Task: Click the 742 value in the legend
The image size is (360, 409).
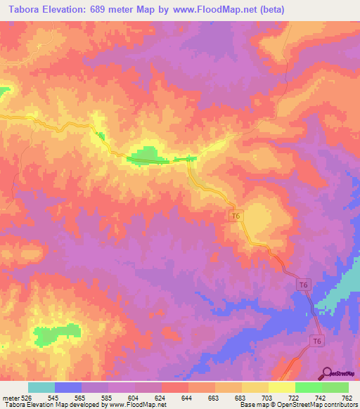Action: pyautogui.click(x=321, y=397)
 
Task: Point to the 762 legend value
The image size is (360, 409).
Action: pyautogui.click(x=347, y=397)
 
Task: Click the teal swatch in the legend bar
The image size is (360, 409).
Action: pyautogui.click(x=41, y=387)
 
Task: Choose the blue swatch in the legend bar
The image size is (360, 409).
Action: pyautogui.click(x=68, y=387)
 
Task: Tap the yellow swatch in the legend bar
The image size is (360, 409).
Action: pyautogui.click(x=282, y=387)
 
